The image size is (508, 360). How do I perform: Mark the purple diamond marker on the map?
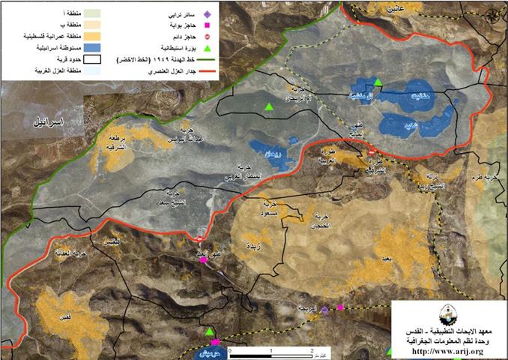324,309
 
